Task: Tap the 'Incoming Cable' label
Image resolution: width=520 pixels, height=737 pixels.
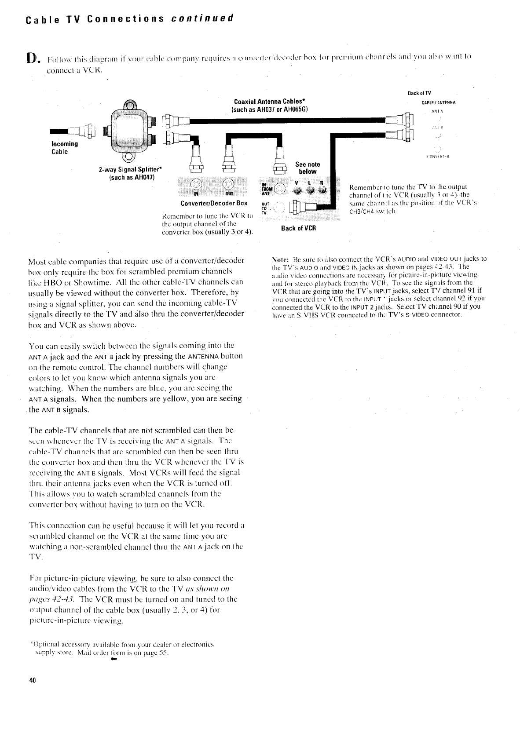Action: pos(64,148)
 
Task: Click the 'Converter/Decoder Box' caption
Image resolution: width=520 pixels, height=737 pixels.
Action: pos(214,203)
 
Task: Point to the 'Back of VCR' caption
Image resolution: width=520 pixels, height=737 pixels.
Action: pos(299,228)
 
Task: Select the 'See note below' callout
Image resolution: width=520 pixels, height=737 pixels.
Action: pos(308,168)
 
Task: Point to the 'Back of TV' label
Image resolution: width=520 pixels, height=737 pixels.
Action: pos(420,93)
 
